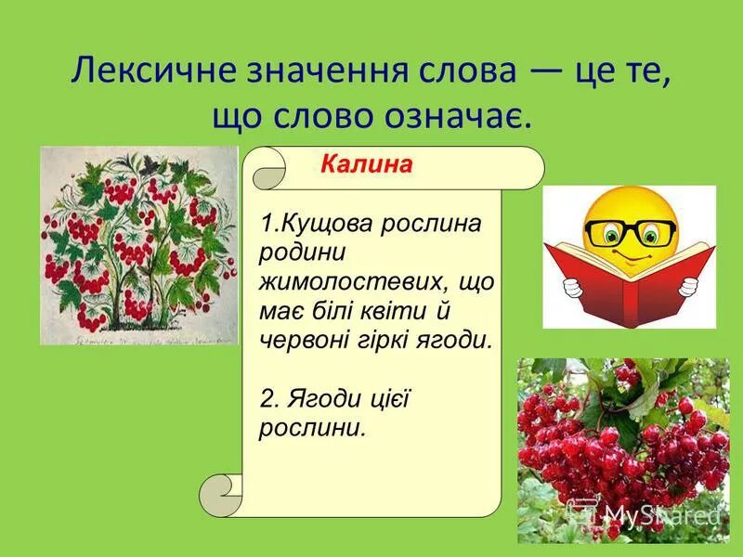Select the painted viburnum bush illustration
pyautogui.click(x=138, y=245)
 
